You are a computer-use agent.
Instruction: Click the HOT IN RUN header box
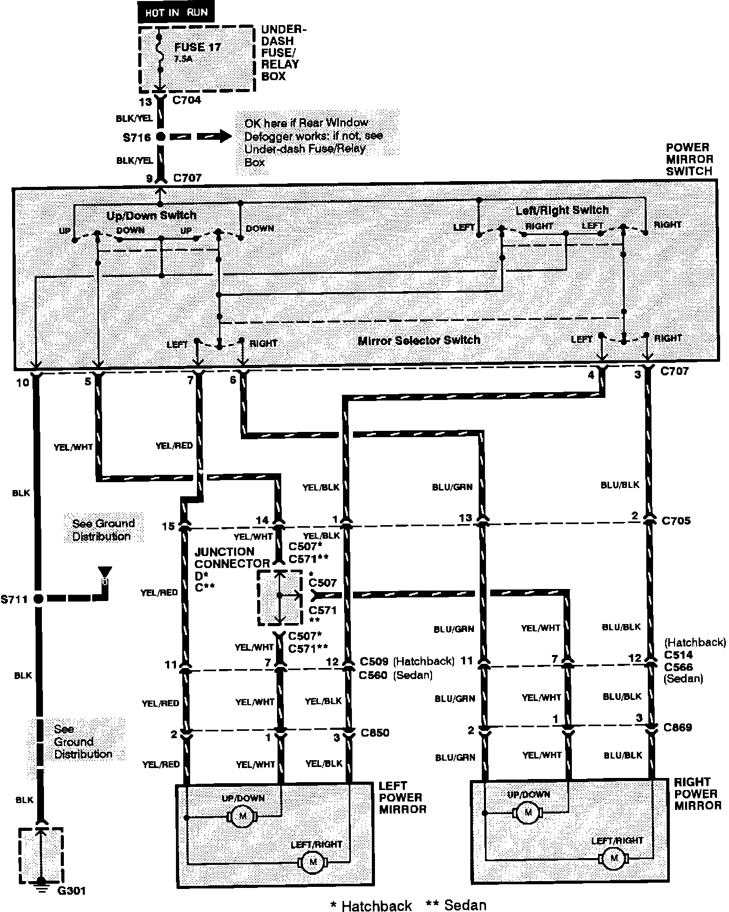[175, 12]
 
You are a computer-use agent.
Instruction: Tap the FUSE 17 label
[197, 47]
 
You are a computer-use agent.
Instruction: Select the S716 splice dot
[161, 137]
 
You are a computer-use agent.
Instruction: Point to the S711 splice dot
[38, 599]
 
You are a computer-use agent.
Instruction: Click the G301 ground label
[72, 891]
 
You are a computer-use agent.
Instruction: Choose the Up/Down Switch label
[151, 215]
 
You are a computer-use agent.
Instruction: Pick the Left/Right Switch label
[562, 210]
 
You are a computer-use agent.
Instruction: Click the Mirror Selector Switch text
[419, 340]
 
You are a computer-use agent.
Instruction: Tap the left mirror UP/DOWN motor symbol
[242, 816]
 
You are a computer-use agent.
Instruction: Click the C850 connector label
[375, 732]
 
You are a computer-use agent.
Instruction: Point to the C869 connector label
[677, 727]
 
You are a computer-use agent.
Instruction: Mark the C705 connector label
[676, 520]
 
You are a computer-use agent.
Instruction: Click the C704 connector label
[186, 100]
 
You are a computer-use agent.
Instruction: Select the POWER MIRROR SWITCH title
[689, 159]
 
